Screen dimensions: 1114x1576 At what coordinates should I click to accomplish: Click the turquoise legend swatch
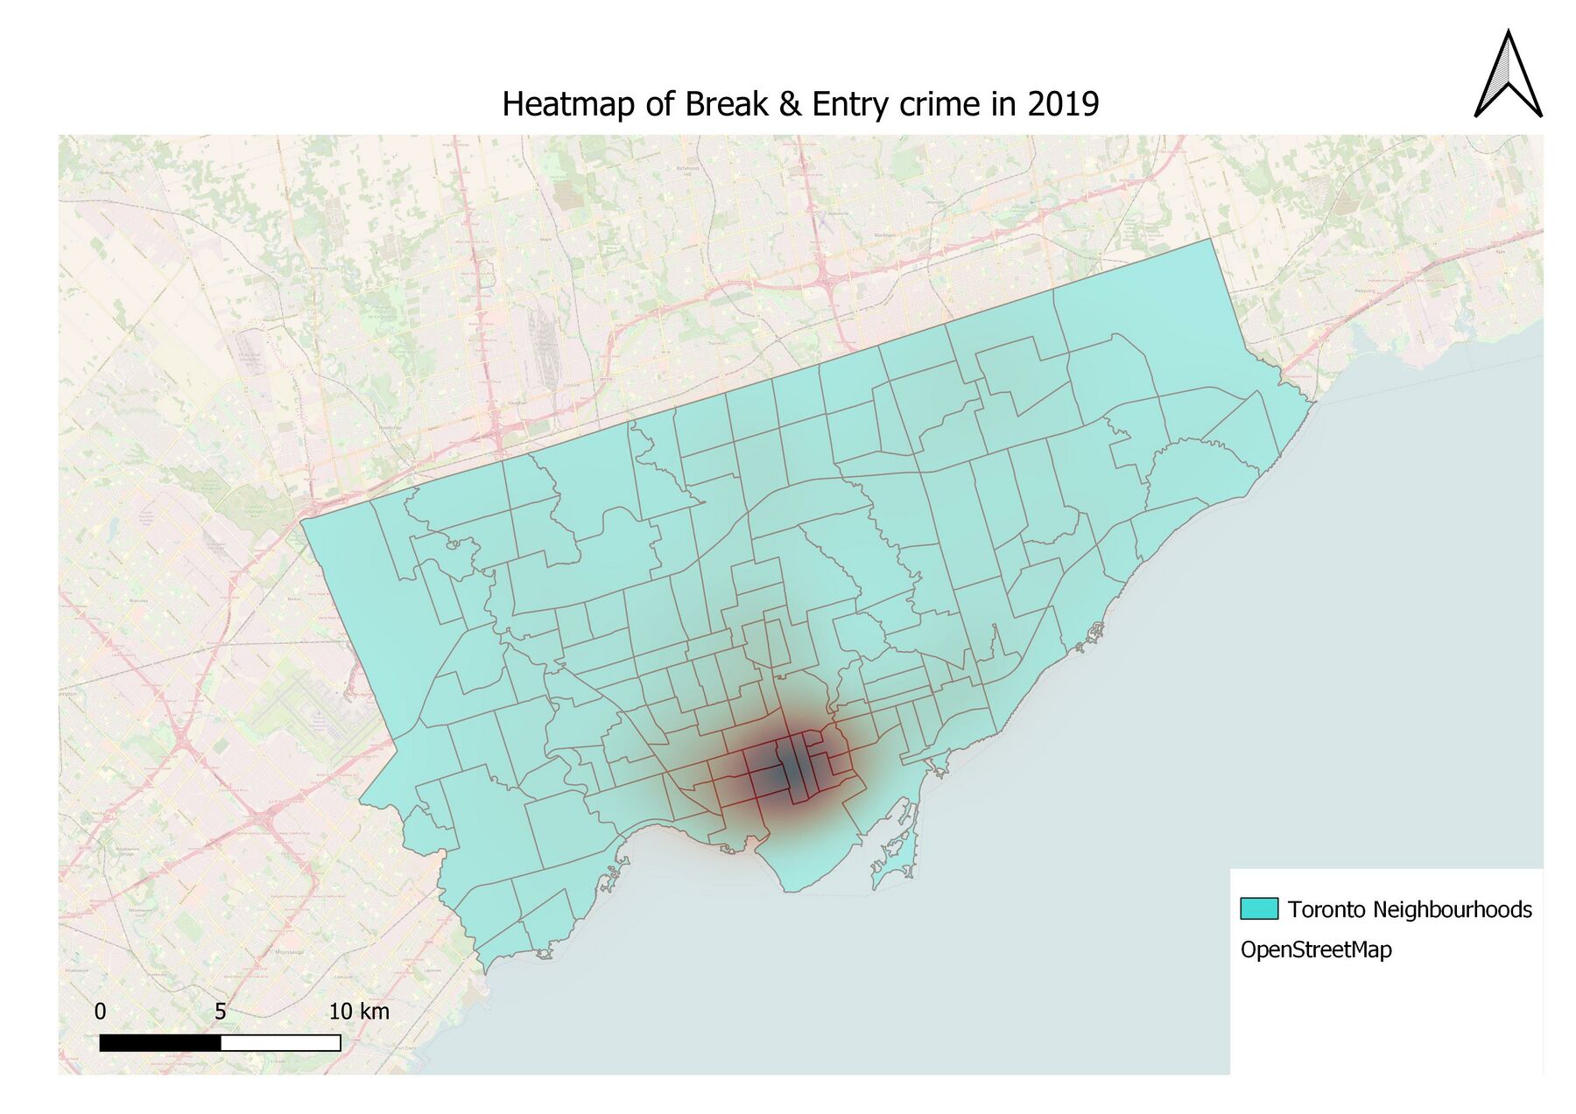1259,908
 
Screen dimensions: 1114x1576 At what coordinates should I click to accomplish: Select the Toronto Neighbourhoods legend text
1409,909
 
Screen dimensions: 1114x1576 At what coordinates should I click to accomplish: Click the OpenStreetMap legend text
1315,949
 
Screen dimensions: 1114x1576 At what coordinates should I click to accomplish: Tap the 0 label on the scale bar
100,1012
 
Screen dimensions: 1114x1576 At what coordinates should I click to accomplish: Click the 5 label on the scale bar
221,1012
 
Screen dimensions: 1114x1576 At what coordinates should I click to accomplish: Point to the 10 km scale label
359,1012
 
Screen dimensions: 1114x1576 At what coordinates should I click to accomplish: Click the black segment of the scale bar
160,1042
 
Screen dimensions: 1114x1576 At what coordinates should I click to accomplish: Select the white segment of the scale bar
280,1042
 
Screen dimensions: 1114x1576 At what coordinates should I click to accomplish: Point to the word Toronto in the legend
1326,909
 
